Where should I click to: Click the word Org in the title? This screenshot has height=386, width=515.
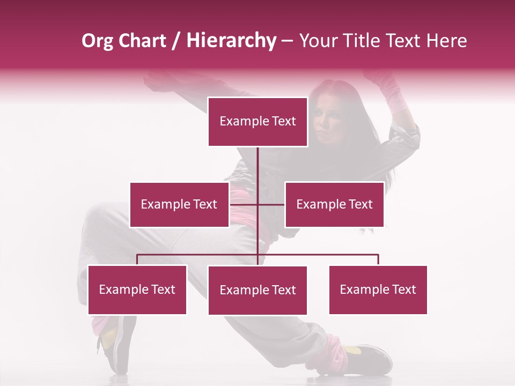(x=97, y=41)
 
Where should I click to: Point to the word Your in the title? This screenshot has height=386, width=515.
(x=317, y=41)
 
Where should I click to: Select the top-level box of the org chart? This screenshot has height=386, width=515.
(x=257, y=122)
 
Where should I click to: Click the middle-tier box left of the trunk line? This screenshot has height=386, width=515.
(x=179, y=204)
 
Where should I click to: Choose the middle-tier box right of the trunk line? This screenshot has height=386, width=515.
(x=334, y=204)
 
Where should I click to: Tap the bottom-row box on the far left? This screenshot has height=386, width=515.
(x=137, y=289)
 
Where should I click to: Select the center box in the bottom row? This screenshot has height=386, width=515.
(x=257, y=290)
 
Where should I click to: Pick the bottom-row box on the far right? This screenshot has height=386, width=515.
(x=378, y=289)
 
